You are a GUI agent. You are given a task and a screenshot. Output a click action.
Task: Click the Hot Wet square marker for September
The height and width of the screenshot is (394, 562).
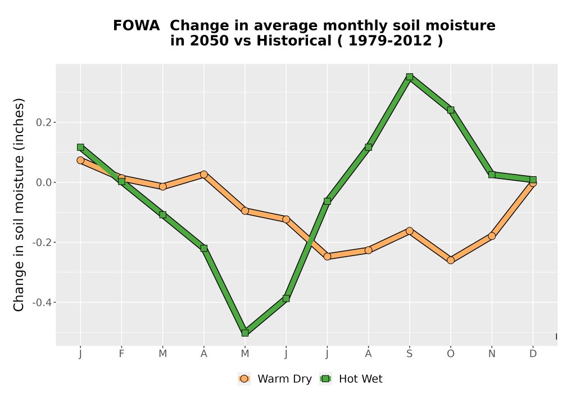pos(410,77)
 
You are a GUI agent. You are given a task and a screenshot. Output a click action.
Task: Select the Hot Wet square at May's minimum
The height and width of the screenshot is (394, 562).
pos(245,333)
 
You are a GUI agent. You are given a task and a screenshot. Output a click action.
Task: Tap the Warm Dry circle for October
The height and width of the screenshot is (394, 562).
pos(451,260)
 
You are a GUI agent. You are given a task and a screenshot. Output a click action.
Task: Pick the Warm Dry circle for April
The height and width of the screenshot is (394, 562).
pos(204,174)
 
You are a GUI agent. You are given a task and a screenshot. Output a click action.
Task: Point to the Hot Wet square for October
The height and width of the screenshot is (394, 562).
pos(451,110)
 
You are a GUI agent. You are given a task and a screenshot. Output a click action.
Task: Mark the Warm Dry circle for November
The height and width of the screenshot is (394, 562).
pos(492,236)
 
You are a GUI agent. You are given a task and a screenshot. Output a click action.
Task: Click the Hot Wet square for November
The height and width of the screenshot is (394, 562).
pos(492,174)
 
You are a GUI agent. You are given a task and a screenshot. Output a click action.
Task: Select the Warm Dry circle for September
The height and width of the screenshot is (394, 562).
pos(410,231)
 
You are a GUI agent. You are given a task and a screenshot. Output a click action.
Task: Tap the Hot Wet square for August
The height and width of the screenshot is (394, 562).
pos(369,147)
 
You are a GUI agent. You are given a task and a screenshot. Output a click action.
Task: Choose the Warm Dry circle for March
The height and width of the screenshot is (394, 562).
pos(163,186)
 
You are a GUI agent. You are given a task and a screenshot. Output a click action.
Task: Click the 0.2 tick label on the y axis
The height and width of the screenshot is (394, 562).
pos(43,123)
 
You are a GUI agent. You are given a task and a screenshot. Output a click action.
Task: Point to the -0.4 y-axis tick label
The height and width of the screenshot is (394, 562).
pos(42,302)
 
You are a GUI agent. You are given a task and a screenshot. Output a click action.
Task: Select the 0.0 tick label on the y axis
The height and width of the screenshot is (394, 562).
pos(43,182)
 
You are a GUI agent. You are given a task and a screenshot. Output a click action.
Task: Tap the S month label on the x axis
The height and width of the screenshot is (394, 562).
pos(410,354)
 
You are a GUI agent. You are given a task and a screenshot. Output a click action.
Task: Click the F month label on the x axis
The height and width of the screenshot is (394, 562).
pos(121,354)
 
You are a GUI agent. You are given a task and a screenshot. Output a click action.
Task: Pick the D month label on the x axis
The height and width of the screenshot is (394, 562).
pos(533,354)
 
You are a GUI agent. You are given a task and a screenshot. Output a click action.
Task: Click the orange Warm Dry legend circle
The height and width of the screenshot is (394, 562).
pos(244,379)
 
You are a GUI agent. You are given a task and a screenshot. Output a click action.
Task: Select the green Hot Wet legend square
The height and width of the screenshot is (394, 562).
pos(326,379)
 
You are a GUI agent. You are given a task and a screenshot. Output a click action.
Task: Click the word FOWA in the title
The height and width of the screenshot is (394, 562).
pos(136,26)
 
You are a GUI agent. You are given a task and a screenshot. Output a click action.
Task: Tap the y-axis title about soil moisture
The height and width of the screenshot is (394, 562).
pos(19,205)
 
